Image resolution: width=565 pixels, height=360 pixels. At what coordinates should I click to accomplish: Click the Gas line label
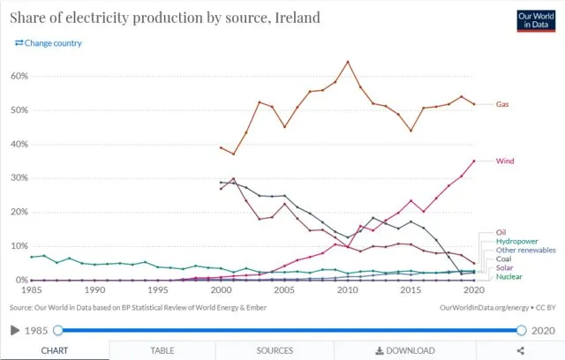(x=502, y=104)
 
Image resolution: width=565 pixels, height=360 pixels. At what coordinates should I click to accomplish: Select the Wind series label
(x=505, y=161)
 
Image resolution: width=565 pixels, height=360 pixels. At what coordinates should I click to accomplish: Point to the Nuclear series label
(x=509, y=277)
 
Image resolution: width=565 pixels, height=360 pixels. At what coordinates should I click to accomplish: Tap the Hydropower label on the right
(x=516, y=241)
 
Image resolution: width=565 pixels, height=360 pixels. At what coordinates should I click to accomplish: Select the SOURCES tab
(x=275, y=350)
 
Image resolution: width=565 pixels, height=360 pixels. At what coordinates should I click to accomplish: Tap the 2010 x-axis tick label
(x=348, y=290)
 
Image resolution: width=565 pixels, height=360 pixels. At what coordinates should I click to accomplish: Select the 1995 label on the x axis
(x=158, y=290)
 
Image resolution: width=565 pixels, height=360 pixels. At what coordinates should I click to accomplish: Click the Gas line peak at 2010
(x=348, y=62)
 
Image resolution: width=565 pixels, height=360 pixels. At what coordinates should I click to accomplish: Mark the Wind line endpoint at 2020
(x=475, y=161)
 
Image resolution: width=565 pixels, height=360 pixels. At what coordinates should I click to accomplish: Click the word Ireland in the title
(x=296, y=18)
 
